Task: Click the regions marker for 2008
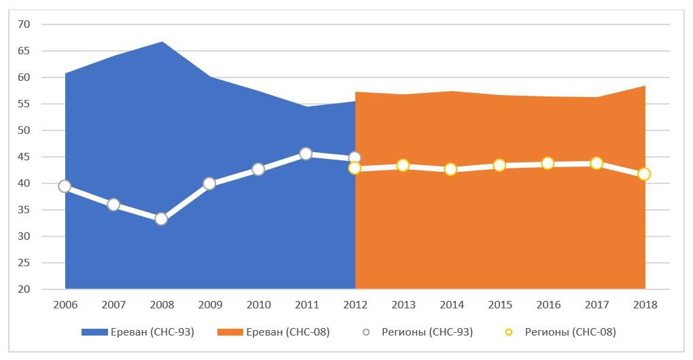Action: [161, 219]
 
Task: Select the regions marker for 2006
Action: [65, 186]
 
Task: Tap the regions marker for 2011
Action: [306, 154]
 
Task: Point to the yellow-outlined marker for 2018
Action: [644, 174]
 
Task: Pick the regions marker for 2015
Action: [499, 164]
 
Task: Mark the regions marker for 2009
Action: [209, 183]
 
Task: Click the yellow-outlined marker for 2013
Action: [403, 165]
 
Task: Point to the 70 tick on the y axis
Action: [24, 24]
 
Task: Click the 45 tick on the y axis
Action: [24, 157]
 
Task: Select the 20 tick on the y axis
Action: [24, 289]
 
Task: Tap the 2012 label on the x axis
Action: [355, 305]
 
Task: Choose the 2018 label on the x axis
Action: [645, 305]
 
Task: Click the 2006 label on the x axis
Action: [65, 305]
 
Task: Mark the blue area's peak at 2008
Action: [162, 42]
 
